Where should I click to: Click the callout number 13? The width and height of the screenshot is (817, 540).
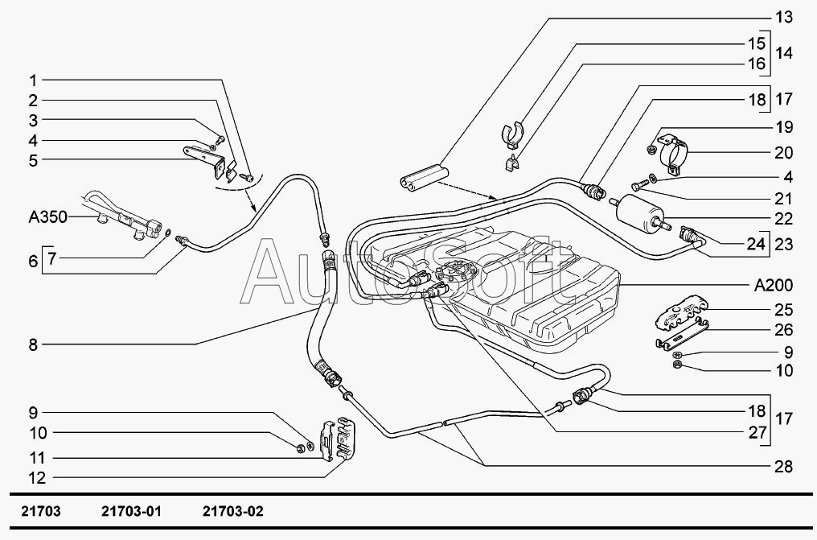point(783,17)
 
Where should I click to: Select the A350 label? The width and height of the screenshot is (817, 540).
point(48,216)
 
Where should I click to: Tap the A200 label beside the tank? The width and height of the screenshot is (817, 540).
point(774,285)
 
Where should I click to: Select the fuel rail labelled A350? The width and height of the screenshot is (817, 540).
point(122,216)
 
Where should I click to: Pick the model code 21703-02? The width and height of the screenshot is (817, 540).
point(233,511)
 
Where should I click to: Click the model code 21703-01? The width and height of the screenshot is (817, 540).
point(131,511)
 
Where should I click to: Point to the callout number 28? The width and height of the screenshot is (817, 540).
point(783,466)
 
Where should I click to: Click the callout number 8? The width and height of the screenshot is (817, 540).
point(33,344)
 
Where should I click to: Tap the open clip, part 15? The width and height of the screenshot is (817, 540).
point(513,134)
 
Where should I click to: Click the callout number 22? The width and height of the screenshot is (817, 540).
point(783,218)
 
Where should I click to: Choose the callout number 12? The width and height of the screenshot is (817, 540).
point(37,477)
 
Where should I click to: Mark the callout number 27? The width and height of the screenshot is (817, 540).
point(757,432)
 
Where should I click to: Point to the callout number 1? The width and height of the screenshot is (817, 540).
point(33,80)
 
